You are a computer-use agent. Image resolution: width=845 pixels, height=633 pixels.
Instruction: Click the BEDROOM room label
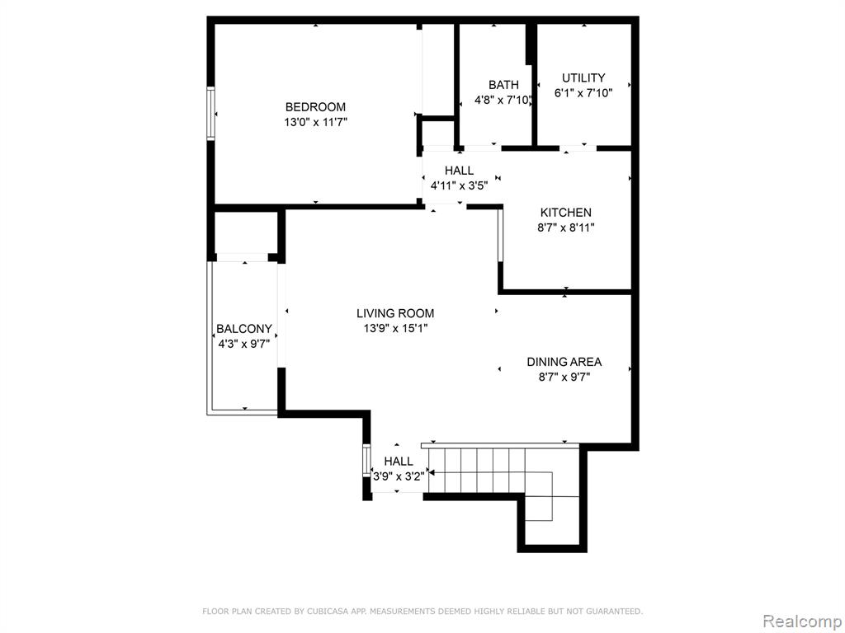click(315, 106)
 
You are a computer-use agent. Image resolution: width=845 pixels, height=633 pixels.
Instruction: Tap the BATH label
click(503, 85)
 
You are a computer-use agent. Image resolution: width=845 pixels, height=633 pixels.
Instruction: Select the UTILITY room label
click(583, 77)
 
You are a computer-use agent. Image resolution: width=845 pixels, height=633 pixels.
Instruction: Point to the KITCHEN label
click(566, 212)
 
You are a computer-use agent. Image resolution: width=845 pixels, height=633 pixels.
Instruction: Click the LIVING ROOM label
click(395, 313)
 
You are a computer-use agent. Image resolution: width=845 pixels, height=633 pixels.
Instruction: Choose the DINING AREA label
click(564, 362)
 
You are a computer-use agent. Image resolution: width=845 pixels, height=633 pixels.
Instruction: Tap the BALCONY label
click(244, 328)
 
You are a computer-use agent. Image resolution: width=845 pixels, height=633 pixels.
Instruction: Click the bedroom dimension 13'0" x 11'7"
click(315, 122)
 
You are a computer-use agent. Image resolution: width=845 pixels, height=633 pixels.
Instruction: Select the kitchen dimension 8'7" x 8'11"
click(566, 227)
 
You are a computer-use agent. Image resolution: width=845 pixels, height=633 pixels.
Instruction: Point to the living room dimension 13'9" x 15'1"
click(395, 328)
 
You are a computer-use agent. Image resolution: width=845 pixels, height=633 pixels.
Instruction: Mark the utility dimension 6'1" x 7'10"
click(583, 92)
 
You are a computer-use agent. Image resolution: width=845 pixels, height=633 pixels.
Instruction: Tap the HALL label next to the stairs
click(399, 462)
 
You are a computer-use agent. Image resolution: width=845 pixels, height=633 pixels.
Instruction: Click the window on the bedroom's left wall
click(210, 114)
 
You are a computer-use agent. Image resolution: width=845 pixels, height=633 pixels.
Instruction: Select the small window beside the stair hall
click(366, 462)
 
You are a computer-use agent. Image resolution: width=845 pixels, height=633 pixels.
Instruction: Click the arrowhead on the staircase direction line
click(432, 473)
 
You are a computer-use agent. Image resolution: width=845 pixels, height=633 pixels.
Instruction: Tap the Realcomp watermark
click(802, 621)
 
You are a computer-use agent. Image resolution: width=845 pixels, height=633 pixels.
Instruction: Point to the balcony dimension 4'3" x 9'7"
click(243, 344)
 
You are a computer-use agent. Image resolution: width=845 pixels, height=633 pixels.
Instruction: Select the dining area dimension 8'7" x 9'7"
click(564, 377)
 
